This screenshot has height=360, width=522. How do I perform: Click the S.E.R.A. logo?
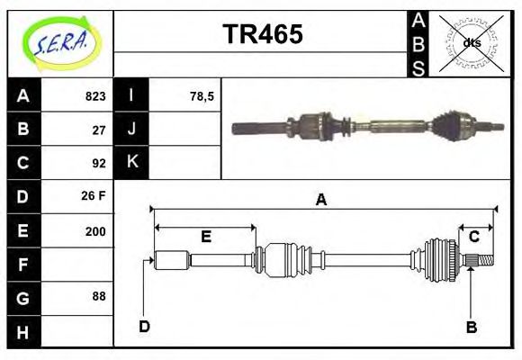(59, 42)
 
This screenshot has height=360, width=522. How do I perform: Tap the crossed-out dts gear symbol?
(471, 42)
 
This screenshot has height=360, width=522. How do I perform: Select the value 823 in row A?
(95, 96)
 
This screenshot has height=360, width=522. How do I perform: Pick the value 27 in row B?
(99, 129)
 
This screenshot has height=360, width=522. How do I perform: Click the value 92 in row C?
(99, 163)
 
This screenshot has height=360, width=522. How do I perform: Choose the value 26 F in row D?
(94, 196)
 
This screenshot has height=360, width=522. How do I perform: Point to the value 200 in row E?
(95, 230)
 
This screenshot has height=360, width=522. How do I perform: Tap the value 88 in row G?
(99, 297)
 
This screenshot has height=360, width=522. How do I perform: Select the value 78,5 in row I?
(202, 96)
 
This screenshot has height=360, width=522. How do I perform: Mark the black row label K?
(131, 163)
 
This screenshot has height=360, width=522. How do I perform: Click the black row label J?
(131, 129)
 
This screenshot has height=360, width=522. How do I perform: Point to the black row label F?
(22, 264)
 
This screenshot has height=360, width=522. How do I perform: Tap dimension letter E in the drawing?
(205, 237)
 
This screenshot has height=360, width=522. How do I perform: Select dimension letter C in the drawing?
(473, 237)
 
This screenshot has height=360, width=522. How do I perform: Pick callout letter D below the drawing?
(144, 326)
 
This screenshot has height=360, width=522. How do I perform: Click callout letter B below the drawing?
(471, 327)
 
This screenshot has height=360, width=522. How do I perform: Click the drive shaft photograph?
(364, 127)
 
